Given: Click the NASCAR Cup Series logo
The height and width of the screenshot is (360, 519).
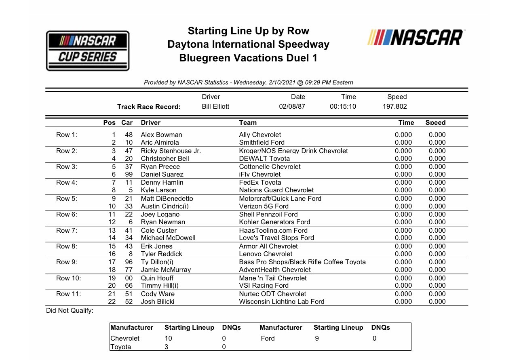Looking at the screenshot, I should tap(88, 51).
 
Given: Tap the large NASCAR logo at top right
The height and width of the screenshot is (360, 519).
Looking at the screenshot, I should tap(416, 38).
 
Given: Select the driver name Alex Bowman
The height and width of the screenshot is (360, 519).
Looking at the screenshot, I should tap(161, 135).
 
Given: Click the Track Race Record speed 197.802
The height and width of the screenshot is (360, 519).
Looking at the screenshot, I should tap(395, 107).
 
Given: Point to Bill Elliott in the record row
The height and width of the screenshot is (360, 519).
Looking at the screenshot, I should tap(215, 107).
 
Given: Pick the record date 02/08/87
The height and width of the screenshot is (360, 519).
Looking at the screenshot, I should tap(292, 107).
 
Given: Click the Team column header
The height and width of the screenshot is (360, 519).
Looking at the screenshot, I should tap(248, 122).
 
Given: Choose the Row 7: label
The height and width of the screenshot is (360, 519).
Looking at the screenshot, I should tap(67, 230).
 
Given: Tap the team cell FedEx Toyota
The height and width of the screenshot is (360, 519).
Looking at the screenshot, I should tap(260, 182).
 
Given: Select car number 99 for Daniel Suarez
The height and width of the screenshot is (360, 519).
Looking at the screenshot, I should tap(129, 174).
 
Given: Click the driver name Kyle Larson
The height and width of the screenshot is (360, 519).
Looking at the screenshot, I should tap(158, 190).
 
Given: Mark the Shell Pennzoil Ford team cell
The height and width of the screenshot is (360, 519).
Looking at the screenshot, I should tap(268, 214).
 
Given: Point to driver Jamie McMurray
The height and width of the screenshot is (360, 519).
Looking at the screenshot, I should tap(166, 269).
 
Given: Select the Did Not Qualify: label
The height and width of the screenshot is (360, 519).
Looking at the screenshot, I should tap(70, 311).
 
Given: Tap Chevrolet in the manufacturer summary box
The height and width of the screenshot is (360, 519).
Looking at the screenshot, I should tap(125, 338).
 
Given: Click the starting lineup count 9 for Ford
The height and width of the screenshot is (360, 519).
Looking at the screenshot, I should tap(316, 338).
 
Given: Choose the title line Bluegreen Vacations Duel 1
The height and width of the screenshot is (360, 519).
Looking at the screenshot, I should tap(248, 58).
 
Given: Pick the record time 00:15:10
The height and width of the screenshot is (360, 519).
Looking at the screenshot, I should tap(342, 107).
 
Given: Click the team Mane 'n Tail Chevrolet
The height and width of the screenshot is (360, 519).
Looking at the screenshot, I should tap(272, 278).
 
